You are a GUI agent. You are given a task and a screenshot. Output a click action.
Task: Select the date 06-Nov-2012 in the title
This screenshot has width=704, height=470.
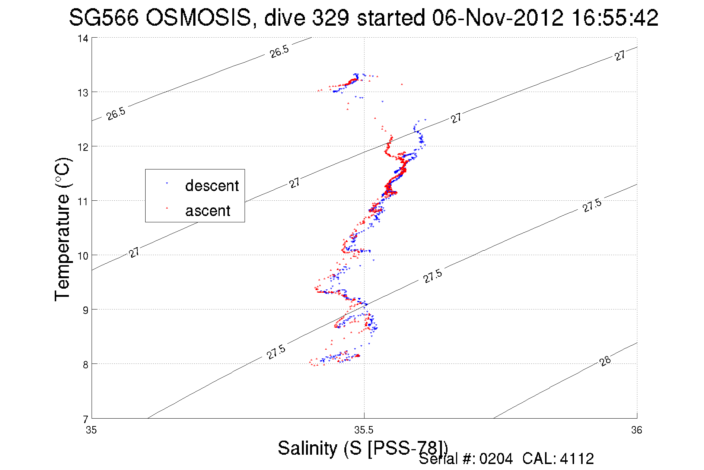coord(497,18)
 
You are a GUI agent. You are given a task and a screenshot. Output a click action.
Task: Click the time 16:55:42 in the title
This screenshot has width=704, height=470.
coord(615,18)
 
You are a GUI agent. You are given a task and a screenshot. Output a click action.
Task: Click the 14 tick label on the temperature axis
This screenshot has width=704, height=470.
coord(83,38)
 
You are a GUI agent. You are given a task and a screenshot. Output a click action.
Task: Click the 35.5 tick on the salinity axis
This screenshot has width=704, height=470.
coord(364,431)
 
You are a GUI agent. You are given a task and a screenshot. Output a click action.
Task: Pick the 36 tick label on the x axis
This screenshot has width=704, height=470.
coord(637,431)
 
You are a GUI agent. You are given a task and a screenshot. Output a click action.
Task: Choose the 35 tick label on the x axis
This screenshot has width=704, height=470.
coord(91,431)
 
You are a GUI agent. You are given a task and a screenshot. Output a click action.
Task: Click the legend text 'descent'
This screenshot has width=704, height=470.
coord(212,185)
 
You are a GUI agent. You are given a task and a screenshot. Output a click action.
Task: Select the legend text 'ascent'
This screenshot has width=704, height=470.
coord(208,211)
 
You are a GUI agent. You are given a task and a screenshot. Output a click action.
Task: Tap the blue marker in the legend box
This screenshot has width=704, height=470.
coord(167,183)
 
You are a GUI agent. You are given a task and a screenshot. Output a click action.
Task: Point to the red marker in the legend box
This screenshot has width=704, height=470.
coord(167,208)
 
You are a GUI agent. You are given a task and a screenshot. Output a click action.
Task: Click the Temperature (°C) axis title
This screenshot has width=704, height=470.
coord(63,230)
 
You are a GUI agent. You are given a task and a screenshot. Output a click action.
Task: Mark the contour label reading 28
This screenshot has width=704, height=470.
coord(605,361)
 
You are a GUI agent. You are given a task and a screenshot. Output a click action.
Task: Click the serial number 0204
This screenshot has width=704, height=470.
coord(496,459)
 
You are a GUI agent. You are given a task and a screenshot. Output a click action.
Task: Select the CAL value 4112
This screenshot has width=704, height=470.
coord(577,459)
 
